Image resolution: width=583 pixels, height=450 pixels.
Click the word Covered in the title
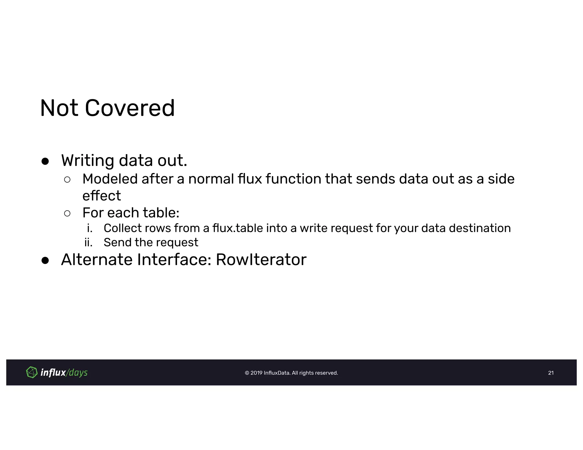(130, 108)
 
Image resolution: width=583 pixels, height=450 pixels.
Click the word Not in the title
(59, 108)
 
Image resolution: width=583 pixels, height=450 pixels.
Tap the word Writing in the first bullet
(87, 160)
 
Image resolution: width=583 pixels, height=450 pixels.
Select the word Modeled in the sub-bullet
(110, 179)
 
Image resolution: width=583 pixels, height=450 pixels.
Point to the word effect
(102, 196)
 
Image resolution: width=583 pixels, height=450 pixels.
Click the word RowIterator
(261, 259)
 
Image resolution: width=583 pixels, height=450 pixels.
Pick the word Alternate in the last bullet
(97, 259)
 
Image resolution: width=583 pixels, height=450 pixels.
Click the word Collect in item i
(122, 228)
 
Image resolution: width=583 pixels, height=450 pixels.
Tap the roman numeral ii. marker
(89, 243)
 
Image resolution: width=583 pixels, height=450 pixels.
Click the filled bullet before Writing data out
(45, 162)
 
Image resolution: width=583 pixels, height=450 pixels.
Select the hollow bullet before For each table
(67, 213)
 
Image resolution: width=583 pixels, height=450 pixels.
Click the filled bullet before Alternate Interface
(45, 261)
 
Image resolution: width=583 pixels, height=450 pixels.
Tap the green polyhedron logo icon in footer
(32, 372)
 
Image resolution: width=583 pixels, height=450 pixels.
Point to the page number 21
(551, 373)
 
